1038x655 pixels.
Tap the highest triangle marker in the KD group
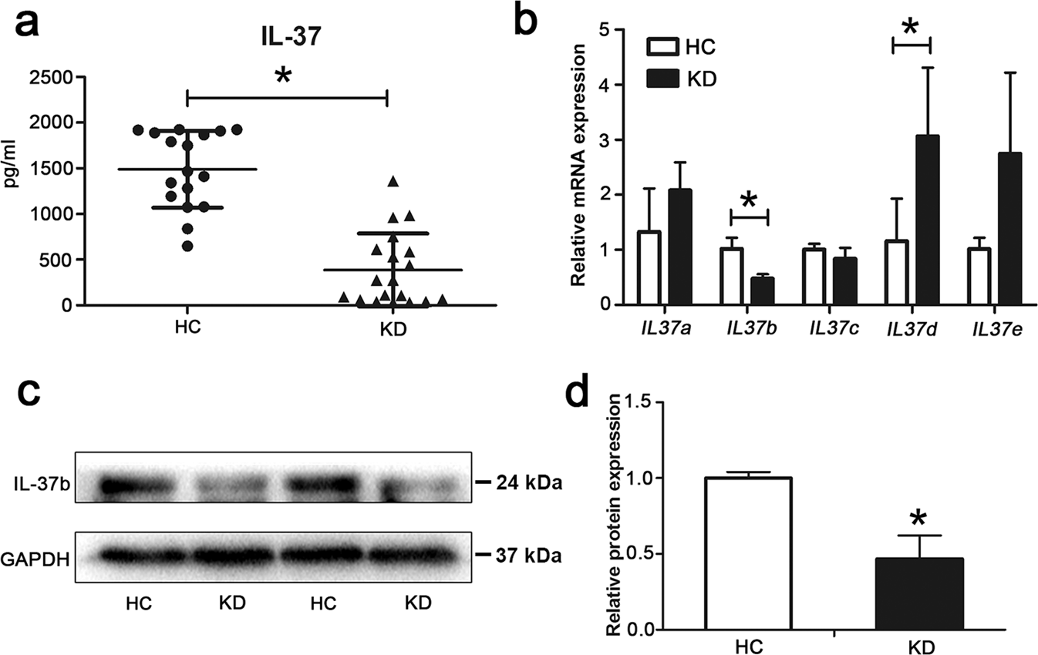coord(393,182)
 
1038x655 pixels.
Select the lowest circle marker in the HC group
coord(187,246)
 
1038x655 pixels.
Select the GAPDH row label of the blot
coord(38,556)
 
